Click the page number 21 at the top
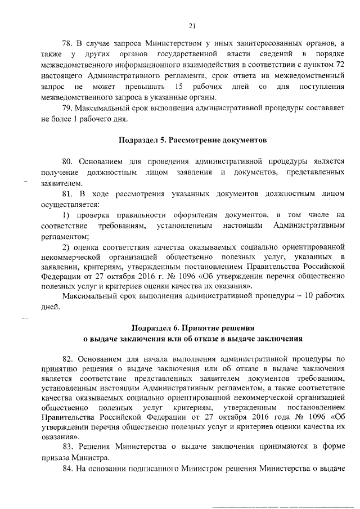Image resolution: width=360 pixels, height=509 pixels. point(191,25)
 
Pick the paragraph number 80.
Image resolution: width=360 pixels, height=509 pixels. point(66,160)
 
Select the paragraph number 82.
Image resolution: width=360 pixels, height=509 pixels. point(66,358)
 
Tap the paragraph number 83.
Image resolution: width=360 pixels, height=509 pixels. point(66,446)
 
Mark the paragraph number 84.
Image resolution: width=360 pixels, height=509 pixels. point(66,469)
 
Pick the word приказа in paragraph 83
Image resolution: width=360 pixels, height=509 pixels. point(56,457)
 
